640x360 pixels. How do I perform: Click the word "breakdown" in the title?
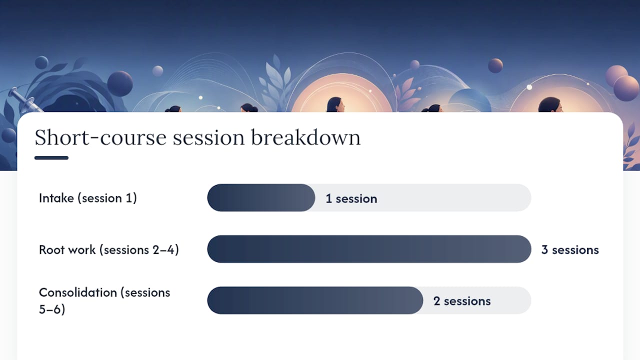pos(305,137)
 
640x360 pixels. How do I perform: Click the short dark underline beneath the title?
pos(51,157)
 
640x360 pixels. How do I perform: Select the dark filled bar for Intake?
pos(261,197)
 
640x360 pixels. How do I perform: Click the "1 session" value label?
pos(351,198)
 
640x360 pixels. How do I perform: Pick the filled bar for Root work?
pos(369,249)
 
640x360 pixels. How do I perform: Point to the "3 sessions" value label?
pos(570,249)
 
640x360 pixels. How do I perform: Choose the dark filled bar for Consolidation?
pos(315,300)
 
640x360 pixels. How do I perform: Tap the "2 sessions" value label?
pos(462,301)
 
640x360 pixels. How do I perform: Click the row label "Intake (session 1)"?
pos(88,198)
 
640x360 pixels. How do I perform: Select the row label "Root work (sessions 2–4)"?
pos(109,249)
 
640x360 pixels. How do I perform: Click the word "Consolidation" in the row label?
pos(78,292)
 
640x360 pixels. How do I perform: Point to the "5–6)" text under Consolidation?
pos(52,309)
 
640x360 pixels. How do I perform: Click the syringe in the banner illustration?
pos(24,100)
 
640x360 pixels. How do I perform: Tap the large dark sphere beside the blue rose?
pos(120,83)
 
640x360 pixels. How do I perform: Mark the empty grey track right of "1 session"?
pos(454,197)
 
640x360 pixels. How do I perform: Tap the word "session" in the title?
pos(208,137)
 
